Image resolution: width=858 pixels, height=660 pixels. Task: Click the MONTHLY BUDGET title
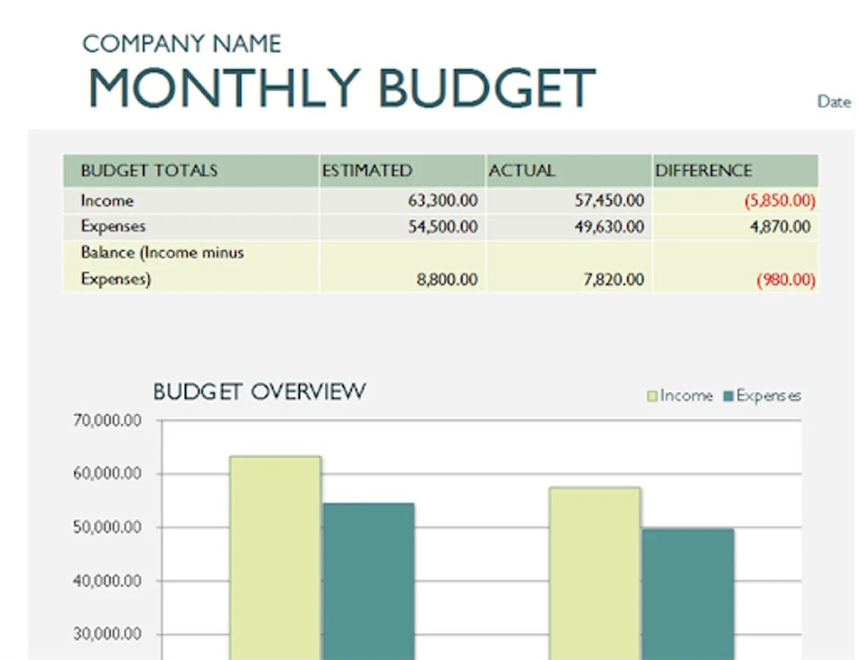click(342, 88)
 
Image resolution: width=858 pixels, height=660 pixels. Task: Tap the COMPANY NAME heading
click(181, 44)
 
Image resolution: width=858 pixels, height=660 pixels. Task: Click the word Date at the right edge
click(834, 102)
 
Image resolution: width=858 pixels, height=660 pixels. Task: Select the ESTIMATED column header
click(367, 171)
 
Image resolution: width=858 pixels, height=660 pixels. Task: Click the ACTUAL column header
click(521, 171)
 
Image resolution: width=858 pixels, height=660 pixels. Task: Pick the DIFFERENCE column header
click(703, 171)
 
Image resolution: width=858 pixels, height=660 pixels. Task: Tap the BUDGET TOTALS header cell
click(149, 171)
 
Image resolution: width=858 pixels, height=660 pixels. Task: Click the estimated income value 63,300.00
click(442, 200)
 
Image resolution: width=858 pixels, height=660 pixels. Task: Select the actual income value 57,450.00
click(609, 200)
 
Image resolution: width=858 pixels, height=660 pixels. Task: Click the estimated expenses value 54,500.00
click(442, 227)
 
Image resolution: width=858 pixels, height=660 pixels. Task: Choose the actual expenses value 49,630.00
click(609, 227)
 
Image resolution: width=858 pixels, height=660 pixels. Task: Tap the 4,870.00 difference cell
click(780, 227)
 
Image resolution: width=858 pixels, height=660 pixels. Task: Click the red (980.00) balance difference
click(786, 279)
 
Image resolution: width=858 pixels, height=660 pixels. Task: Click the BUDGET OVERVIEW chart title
click(259, 392)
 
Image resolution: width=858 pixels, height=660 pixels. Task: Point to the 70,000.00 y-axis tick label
click(107, 421)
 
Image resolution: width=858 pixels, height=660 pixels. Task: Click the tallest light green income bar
click(275, 557)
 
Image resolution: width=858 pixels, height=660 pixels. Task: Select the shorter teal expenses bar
click(687, 594)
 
